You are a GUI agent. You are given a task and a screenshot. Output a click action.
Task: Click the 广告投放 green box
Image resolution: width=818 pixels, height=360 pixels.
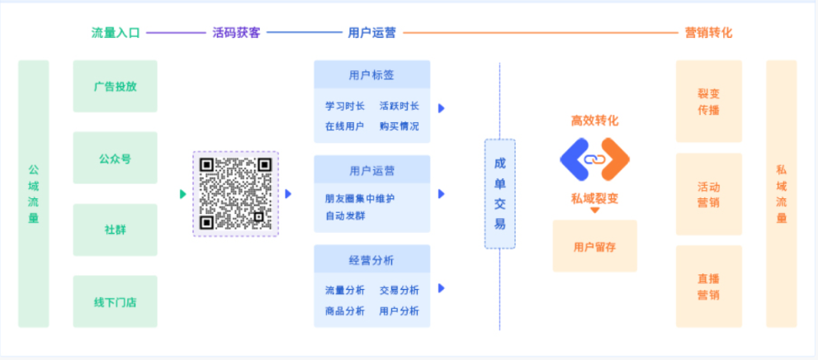(115, 86)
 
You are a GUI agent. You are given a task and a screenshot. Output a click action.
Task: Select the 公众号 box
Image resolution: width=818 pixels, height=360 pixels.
(115, 158)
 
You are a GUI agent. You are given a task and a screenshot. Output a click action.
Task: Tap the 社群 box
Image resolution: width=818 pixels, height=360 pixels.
(115, 230)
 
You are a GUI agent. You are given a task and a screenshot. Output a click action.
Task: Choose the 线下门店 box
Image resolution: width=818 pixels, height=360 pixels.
(115, 301)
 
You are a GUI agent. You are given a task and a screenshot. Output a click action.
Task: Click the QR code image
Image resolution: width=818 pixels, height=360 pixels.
(236, 194)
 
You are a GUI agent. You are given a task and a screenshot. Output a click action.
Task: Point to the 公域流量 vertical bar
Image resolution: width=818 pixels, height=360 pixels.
(33, 193)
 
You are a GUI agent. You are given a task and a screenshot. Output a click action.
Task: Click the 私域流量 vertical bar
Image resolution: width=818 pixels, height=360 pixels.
(782, 193)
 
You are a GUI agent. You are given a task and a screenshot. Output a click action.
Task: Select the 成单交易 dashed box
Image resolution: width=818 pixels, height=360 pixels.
(499, 193)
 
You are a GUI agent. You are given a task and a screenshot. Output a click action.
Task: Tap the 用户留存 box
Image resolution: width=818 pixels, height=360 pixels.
(594, 246)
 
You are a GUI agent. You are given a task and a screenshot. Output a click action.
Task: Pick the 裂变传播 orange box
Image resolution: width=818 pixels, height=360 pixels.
(709, 102)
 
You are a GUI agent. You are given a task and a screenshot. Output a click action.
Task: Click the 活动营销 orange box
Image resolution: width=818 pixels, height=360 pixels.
(709, 194)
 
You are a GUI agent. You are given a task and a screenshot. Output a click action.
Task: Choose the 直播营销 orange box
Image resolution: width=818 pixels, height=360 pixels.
(709, 287)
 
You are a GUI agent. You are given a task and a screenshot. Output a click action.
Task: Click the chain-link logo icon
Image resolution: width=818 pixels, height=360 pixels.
(594, 159)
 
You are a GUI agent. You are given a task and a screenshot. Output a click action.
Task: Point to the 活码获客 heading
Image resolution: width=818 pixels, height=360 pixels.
(236, 33)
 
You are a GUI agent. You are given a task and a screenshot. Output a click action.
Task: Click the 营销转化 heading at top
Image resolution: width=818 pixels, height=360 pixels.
(708, 33)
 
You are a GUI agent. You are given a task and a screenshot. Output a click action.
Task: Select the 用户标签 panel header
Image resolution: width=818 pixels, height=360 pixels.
(372, 74)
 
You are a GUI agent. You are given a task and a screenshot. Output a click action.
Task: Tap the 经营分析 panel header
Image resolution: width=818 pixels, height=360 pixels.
(372, 258)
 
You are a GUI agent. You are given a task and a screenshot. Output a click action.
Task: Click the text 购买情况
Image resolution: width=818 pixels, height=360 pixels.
(399, 126)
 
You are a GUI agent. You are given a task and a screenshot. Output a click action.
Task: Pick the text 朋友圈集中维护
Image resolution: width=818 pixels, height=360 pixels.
(359, 199)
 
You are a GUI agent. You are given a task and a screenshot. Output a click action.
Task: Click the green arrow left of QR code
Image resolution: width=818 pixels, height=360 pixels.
(183, 194)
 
